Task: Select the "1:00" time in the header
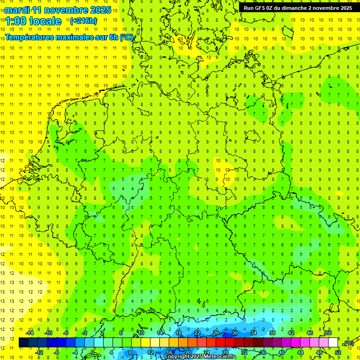pyautogui.click(x=15, y=21)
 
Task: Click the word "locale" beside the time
pyautogui.click(x=45, y=21)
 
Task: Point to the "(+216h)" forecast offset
pyautogui.click(x=83, y=21)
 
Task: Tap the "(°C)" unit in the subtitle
pyautogui.click(x=126, y=37)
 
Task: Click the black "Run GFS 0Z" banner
pyautogui.click(x=298, y=7)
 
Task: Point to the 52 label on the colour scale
pyautogui.click(x=337, y=352)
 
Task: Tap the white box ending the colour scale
pyautogui.click(x=333, y=343)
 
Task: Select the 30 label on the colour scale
pyautogui.click(x=234, y=333)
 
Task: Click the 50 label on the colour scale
pyautogui.click(x=328, y=333)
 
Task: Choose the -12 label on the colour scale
pyautogui.click(x=39, y=352)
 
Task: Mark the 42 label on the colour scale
pyautogui.click(x=291, y=333)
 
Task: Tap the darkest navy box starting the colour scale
pyautogui.click(x=23, y=343)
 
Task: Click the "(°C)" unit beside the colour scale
pyautogui.click(x=348, y=343)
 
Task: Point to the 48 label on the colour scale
pyautogui.click(x=319, y=352)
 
